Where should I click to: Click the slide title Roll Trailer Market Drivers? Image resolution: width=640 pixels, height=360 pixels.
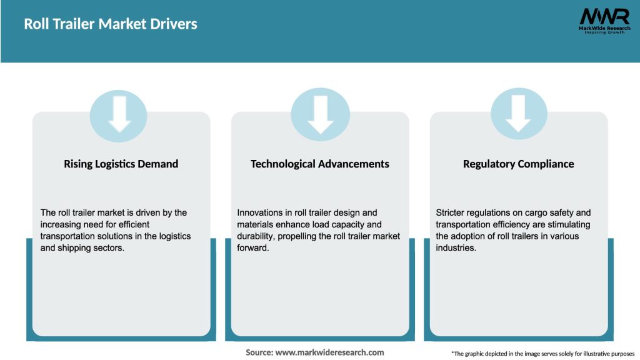[x=111, y=24]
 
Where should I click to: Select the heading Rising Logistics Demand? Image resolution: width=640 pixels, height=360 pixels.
[x=121, y=164]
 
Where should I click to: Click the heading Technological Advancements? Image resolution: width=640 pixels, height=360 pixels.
[x=320, y=164]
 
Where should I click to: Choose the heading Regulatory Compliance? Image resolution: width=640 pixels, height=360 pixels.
[x=518, y=164]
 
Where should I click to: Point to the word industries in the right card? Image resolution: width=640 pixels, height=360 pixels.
[x=456, y=248]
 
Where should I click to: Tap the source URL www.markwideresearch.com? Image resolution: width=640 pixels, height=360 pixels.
[x=329, y=352]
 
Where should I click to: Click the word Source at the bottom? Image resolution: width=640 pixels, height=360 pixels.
[x=259, y=352]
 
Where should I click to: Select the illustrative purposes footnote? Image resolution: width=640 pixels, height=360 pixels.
[x=542, y=354]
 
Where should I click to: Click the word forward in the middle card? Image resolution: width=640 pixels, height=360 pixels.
[x=254, y=248]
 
